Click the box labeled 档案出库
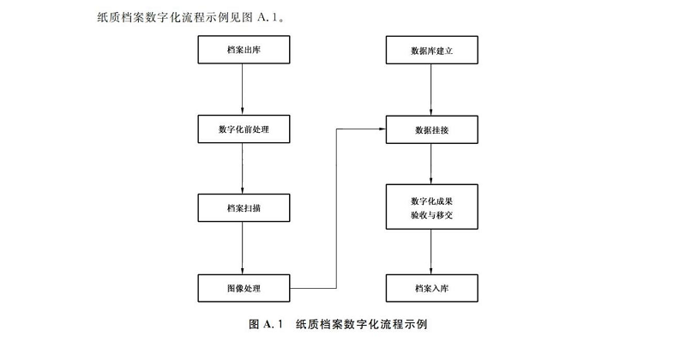tap(244, 51)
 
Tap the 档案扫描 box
tap(244, 207)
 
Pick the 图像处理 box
tap(244, 287)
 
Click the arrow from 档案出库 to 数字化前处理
tap(244, 89)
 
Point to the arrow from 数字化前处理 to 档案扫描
tap(244, 168)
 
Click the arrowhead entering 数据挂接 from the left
tap(381, 129)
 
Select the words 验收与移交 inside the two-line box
tap(431, 215)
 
